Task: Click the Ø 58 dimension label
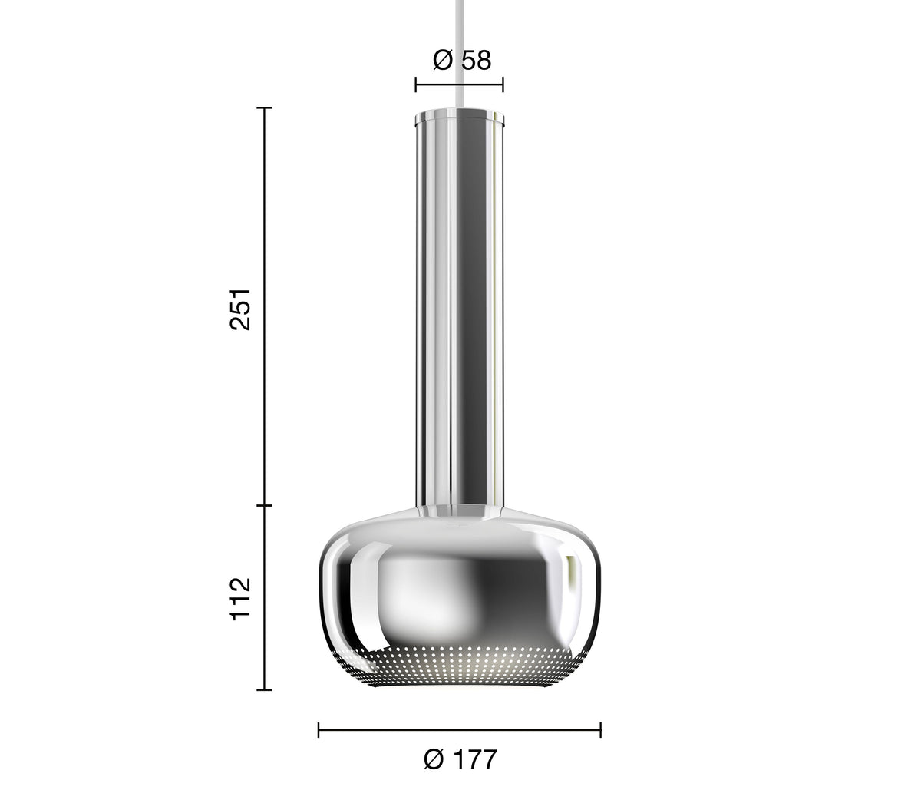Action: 461,60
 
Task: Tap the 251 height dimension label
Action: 240,309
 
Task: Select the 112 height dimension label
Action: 240,599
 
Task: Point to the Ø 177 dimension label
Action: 460,759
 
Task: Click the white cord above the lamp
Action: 460,54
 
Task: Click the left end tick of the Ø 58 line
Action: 416,84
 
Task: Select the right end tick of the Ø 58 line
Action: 503,84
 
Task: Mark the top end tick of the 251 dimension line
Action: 265,108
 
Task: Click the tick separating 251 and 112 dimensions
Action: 265,506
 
